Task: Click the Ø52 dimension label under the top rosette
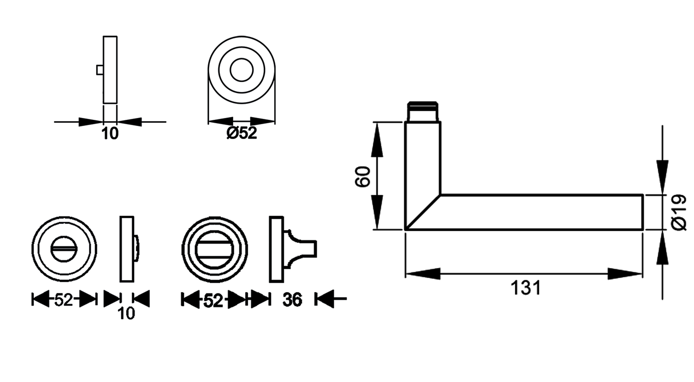click(x=242, y=133)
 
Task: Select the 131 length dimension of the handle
click(x=526, y=288)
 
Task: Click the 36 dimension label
click(x=292, y=300)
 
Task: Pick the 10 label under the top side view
click(x=110, y=134)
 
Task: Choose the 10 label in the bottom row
click(x=126, y=313)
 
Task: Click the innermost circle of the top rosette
click(x=242, y=70)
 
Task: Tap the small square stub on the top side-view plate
click(x=100, y=70)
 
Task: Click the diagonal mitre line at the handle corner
click(x=423, y=212)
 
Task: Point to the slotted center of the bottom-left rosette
click(x=64, y=249)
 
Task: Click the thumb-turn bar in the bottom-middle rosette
click(x=214, y=249)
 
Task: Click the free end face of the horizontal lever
click(x=643, y=212)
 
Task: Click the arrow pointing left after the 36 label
click(x=325, y=299)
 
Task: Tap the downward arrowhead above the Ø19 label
click(x=662, y=176)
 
